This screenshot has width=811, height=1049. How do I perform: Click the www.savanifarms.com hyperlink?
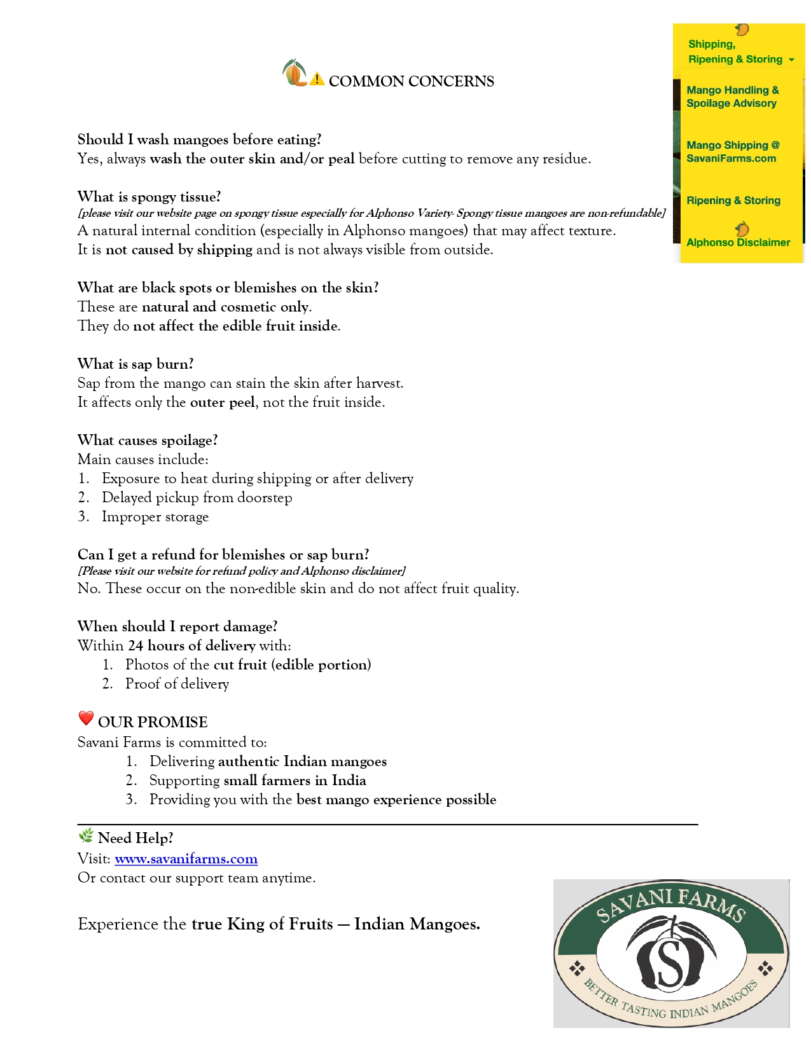click(186, 859)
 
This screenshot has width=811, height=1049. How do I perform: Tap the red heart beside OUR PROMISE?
click(86, 718)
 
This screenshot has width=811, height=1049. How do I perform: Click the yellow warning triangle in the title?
click(317, 79)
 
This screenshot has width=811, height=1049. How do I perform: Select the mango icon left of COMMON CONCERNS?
click(294, 73)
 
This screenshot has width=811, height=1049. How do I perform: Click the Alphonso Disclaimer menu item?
click(738, 242)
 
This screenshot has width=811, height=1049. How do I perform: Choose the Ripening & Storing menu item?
click(733, 200)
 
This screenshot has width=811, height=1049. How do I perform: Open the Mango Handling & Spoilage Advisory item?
click(732, 97)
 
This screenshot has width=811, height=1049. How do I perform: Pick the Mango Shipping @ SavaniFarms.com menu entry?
click(732, 151)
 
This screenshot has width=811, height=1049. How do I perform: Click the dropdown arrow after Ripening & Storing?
click(791, 60)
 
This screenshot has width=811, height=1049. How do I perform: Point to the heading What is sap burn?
click(135, 364)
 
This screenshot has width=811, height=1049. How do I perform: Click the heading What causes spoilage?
click(148, 440)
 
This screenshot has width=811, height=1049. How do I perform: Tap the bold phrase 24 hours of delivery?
click(191, 645)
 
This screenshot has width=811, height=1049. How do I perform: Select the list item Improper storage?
click(155, 516)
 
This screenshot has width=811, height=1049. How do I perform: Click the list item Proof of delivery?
click(177, 683)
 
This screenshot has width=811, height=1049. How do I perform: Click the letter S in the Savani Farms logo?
click(670, 958)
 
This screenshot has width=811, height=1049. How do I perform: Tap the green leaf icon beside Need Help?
click(85, 836)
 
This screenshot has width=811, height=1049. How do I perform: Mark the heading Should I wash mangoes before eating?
click(199, 139)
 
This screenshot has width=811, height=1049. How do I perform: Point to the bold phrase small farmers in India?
click(295, 780)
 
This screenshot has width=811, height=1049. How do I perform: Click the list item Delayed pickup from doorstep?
click(197, 497)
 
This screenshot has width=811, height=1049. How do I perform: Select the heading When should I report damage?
click(177, 626)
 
